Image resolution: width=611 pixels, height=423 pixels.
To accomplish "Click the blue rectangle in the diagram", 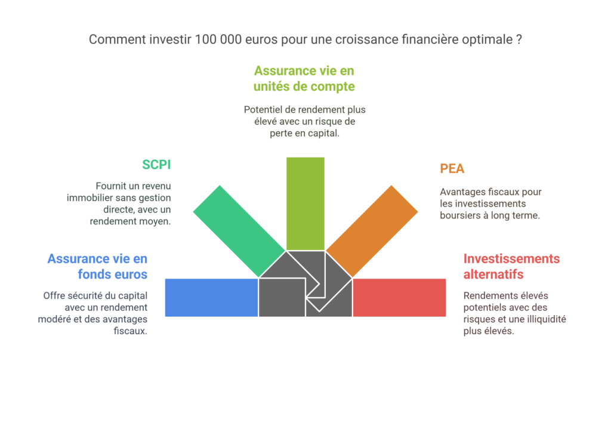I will click(211, 297).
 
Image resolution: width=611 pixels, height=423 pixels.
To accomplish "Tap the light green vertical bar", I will click(305, 203).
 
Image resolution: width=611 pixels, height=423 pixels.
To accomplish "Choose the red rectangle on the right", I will click(399, 297).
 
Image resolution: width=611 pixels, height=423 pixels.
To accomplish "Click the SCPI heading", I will click(156, 165).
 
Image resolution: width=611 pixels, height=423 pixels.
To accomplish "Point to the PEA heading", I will click(452, 169).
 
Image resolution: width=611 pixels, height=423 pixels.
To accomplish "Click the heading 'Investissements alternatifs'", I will click(511, 267).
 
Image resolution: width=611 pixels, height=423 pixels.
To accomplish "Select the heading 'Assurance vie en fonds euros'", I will click(97, 267).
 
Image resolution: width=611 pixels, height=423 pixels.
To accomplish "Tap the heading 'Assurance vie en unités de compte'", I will click(304, 79).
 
